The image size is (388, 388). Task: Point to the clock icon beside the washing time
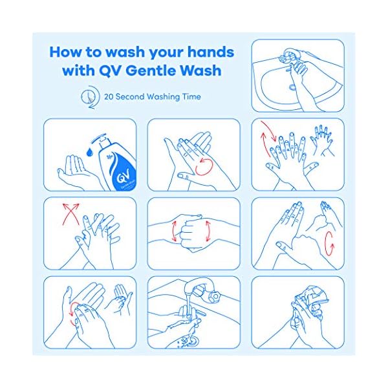[89, 96]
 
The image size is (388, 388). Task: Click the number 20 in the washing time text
[109, 97]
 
